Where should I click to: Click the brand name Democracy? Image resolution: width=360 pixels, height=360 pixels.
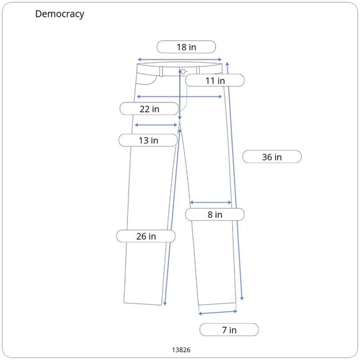pos(60,14)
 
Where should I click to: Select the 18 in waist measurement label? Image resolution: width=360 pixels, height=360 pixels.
pos(186,47)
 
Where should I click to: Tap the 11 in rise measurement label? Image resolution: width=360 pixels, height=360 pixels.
pos(215,80)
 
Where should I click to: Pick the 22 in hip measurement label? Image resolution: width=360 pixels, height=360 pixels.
pos(149,109)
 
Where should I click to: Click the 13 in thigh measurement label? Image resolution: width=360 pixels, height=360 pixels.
pos(148,140)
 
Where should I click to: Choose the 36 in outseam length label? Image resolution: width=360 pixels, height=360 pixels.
pos(272,157)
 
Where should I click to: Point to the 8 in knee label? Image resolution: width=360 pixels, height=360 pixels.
pos(215,214)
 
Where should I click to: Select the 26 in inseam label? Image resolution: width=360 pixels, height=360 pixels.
pos(146,236)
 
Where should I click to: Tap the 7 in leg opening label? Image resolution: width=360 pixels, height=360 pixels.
pos(229,330)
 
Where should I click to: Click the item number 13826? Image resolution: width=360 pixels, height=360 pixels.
pos(181,349)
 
